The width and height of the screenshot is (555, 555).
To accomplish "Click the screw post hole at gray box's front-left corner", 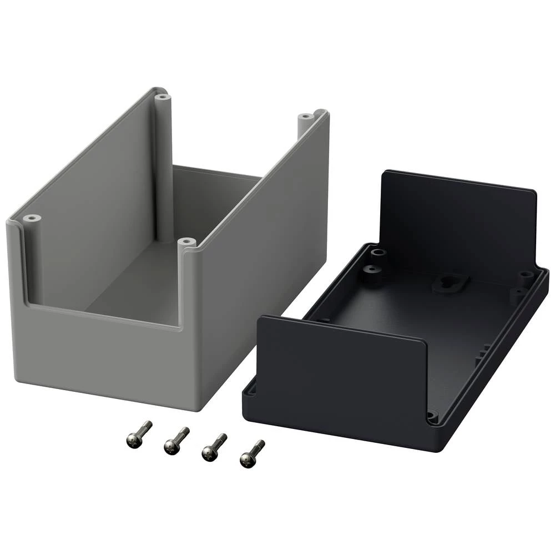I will tap(31, 219).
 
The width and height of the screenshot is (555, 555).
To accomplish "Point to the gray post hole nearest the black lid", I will tap(186, 243).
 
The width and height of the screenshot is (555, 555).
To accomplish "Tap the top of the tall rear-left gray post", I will tap(162, 97).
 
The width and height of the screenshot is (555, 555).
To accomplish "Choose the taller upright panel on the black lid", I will tap(458, 222).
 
